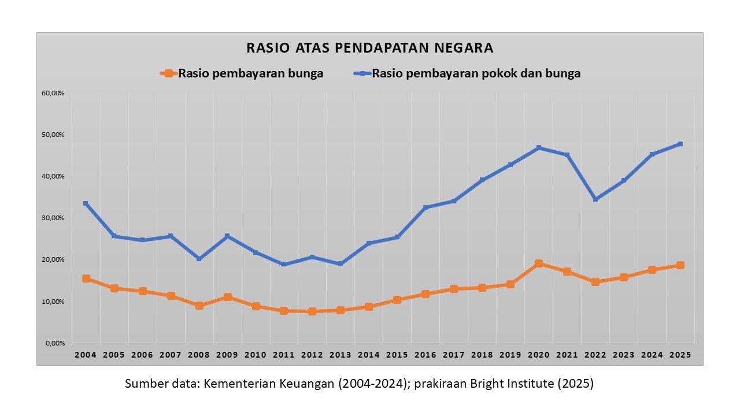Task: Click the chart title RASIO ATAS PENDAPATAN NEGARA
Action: pyautogui.click(x=370, y=48)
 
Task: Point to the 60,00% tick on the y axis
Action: pyautogui.click(x=53, y=93)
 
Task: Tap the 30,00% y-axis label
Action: pyautogui.click(x=53, y=218)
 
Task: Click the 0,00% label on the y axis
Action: pyautogui.click(x=55, y=343)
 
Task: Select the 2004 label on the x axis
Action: pyautogui.click(x=86, y=354)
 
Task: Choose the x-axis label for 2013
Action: pyautogui.click(x=341, y=354)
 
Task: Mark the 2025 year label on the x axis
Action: pyautogui.click(x=680, y=354)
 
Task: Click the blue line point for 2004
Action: pyautogui.click(x=86, y=203)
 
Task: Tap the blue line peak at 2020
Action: pyautogui.click(x=539, y=148)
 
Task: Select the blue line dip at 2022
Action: pyautogui.click(x=595, y=199)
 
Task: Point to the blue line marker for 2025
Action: pyautogui.click(x=680, y=144)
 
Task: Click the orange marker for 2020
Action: pyautogui.click(x=539, y=263)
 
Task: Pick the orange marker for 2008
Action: pyautogui.click(x=199, y=306)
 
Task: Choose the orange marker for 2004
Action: pyautogui.click(x=86, y=278)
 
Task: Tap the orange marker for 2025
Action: pyautogui.click(x=680, y=265)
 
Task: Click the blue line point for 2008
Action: pyautogui.click(x=199, y=259)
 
